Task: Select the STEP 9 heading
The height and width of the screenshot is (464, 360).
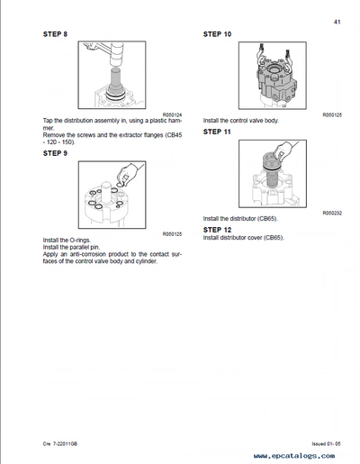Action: pyautogui.click(x=56, y=153)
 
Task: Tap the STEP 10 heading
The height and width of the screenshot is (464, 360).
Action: pyautogui.click(x=218, y=34)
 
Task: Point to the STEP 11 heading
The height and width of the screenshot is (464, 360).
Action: pyautogui.click(x=218, y=132)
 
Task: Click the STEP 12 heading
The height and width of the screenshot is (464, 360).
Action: pyautogui.click(x=218, y=229)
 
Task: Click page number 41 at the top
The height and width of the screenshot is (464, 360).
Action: pyautogui.click(x=335, y=21)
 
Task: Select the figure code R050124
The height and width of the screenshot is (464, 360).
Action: pyautogui.click(x=172, y=114)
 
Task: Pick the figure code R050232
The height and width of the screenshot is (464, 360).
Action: pyautogui.click(x=332, y=212)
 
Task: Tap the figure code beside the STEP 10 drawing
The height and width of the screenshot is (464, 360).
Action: pyautogui.click(x=332, y=114)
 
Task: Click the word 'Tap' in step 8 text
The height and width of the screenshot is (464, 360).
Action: pyautogui.click(x=49, y=121)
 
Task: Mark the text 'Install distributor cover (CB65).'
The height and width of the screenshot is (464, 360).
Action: pyautogui.click(x=244, y=237)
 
